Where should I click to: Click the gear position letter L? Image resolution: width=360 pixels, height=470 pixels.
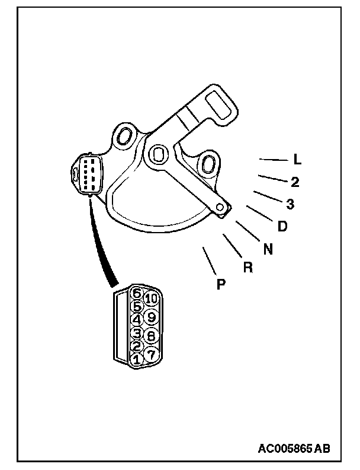click(297, 160)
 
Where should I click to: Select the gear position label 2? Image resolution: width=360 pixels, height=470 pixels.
click(294, 182)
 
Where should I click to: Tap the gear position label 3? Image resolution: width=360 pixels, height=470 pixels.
click(290, 204)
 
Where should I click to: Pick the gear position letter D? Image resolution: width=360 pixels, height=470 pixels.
click(282, 226)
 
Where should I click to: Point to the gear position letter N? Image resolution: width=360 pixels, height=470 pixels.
click(268, 249)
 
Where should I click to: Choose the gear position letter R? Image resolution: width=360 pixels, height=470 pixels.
click(248, 267)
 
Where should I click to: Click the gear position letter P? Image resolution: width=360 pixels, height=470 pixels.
click(221, 285)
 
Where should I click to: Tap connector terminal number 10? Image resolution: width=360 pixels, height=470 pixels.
click(151, 299)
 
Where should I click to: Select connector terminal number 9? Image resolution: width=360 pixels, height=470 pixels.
click(151, 317)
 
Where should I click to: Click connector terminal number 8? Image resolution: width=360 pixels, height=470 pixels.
click(151, 336)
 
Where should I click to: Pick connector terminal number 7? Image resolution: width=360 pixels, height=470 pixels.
click(151, 354)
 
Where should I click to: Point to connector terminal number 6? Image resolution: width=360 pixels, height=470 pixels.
click(137, 293)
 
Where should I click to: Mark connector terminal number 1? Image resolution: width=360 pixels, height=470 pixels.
click(137, 358)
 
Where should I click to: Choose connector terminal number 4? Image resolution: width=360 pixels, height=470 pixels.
click(136, 320)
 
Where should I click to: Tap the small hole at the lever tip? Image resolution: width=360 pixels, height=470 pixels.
click(220, 207)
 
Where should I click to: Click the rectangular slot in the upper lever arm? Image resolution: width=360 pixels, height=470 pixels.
click(222, 105)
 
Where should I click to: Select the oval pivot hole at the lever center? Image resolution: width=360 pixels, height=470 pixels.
click(157, 154)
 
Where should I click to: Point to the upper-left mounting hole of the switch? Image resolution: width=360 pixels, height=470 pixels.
click(124, 136)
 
